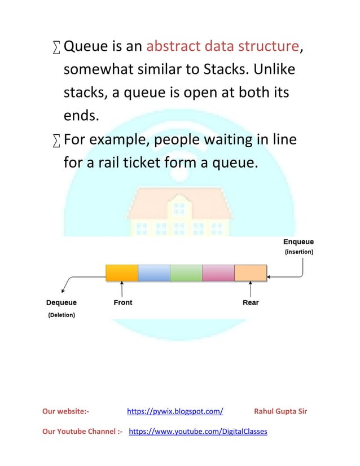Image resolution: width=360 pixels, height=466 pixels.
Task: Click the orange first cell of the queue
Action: [122, 272]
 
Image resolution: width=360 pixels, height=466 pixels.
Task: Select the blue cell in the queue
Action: [154, 272]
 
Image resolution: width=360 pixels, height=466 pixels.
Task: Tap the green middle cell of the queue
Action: [186, 272]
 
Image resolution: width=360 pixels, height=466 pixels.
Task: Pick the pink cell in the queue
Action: [218, 272]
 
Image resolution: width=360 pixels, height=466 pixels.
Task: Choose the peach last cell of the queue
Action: [251, 272]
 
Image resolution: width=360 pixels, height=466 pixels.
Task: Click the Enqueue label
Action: [298, 242]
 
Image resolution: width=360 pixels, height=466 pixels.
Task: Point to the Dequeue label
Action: [62, 303]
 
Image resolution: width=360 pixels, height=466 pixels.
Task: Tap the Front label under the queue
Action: [123, 303]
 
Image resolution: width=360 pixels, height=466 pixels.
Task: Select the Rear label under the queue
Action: [251, 303]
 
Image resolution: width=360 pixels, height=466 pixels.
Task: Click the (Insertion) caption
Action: [298, 252]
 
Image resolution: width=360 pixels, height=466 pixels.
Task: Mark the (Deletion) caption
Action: [60, 315]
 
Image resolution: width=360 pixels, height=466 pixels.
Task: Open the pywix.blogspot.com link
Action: [175, 411]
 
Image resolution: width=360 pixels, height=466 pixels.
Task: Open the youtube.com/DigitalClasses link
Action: [198, 432]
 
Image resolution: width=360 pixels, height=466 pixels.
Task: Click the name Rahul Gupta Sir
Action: [280, 411]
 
